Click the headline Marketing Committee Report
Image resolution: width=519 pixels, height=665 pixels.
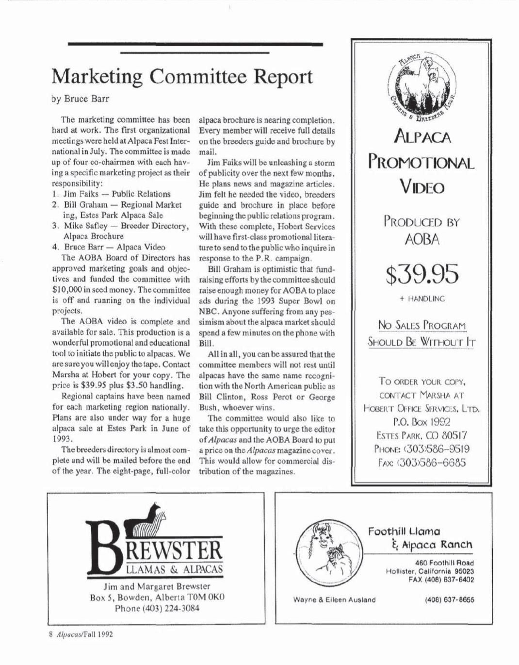coord(182,77)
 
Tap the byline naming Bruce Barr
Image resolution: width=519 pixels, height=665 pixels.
coord(80,99)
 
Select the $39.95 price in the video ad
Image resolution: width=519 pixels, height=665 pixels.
coord(422,274)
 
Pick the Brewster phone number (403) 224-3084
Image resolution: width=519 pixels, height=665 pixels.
coord(157,608)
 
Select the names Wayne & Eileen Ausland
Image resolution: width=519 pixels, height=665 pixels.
coord(334,599)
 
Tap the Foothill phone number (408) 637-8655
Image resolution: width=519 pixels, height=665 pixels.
coord(449,599)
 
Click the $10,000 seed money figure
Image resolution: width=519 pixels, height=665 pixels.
coord(70,290)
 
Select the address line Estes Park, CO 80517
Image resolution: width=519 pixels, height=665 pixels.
coord(422,435)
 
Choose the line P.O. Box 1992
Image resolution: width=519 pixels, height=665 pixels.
coord(422,422)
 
